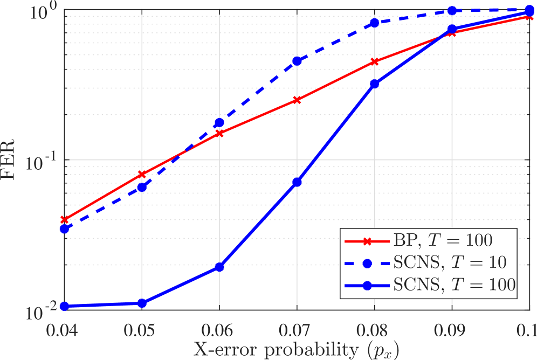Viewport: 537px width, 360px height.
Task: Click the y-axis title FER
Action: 11,160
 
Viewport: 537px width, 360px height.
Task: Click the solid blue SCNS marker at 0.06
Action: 219,267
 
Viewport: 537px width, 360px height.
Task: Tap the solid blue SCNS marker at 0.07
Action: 297,182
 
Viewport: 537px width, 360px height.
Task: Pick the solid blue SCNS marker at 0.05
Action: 141,303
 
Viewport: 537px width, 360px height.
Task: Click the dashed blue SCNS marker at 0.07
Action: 297,61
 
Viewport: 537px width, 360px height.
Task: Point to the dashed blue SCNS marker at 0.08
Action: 374,23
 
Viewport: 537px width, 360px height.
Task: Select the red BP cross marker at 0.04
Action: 64,220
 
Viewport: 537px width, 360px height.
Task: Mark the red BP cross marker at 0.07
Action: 297,100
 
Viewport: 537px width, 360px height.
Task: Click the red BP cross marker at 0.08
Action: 374,62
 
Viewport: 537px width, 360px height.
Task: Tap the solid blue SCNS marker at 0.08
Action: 374,84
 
